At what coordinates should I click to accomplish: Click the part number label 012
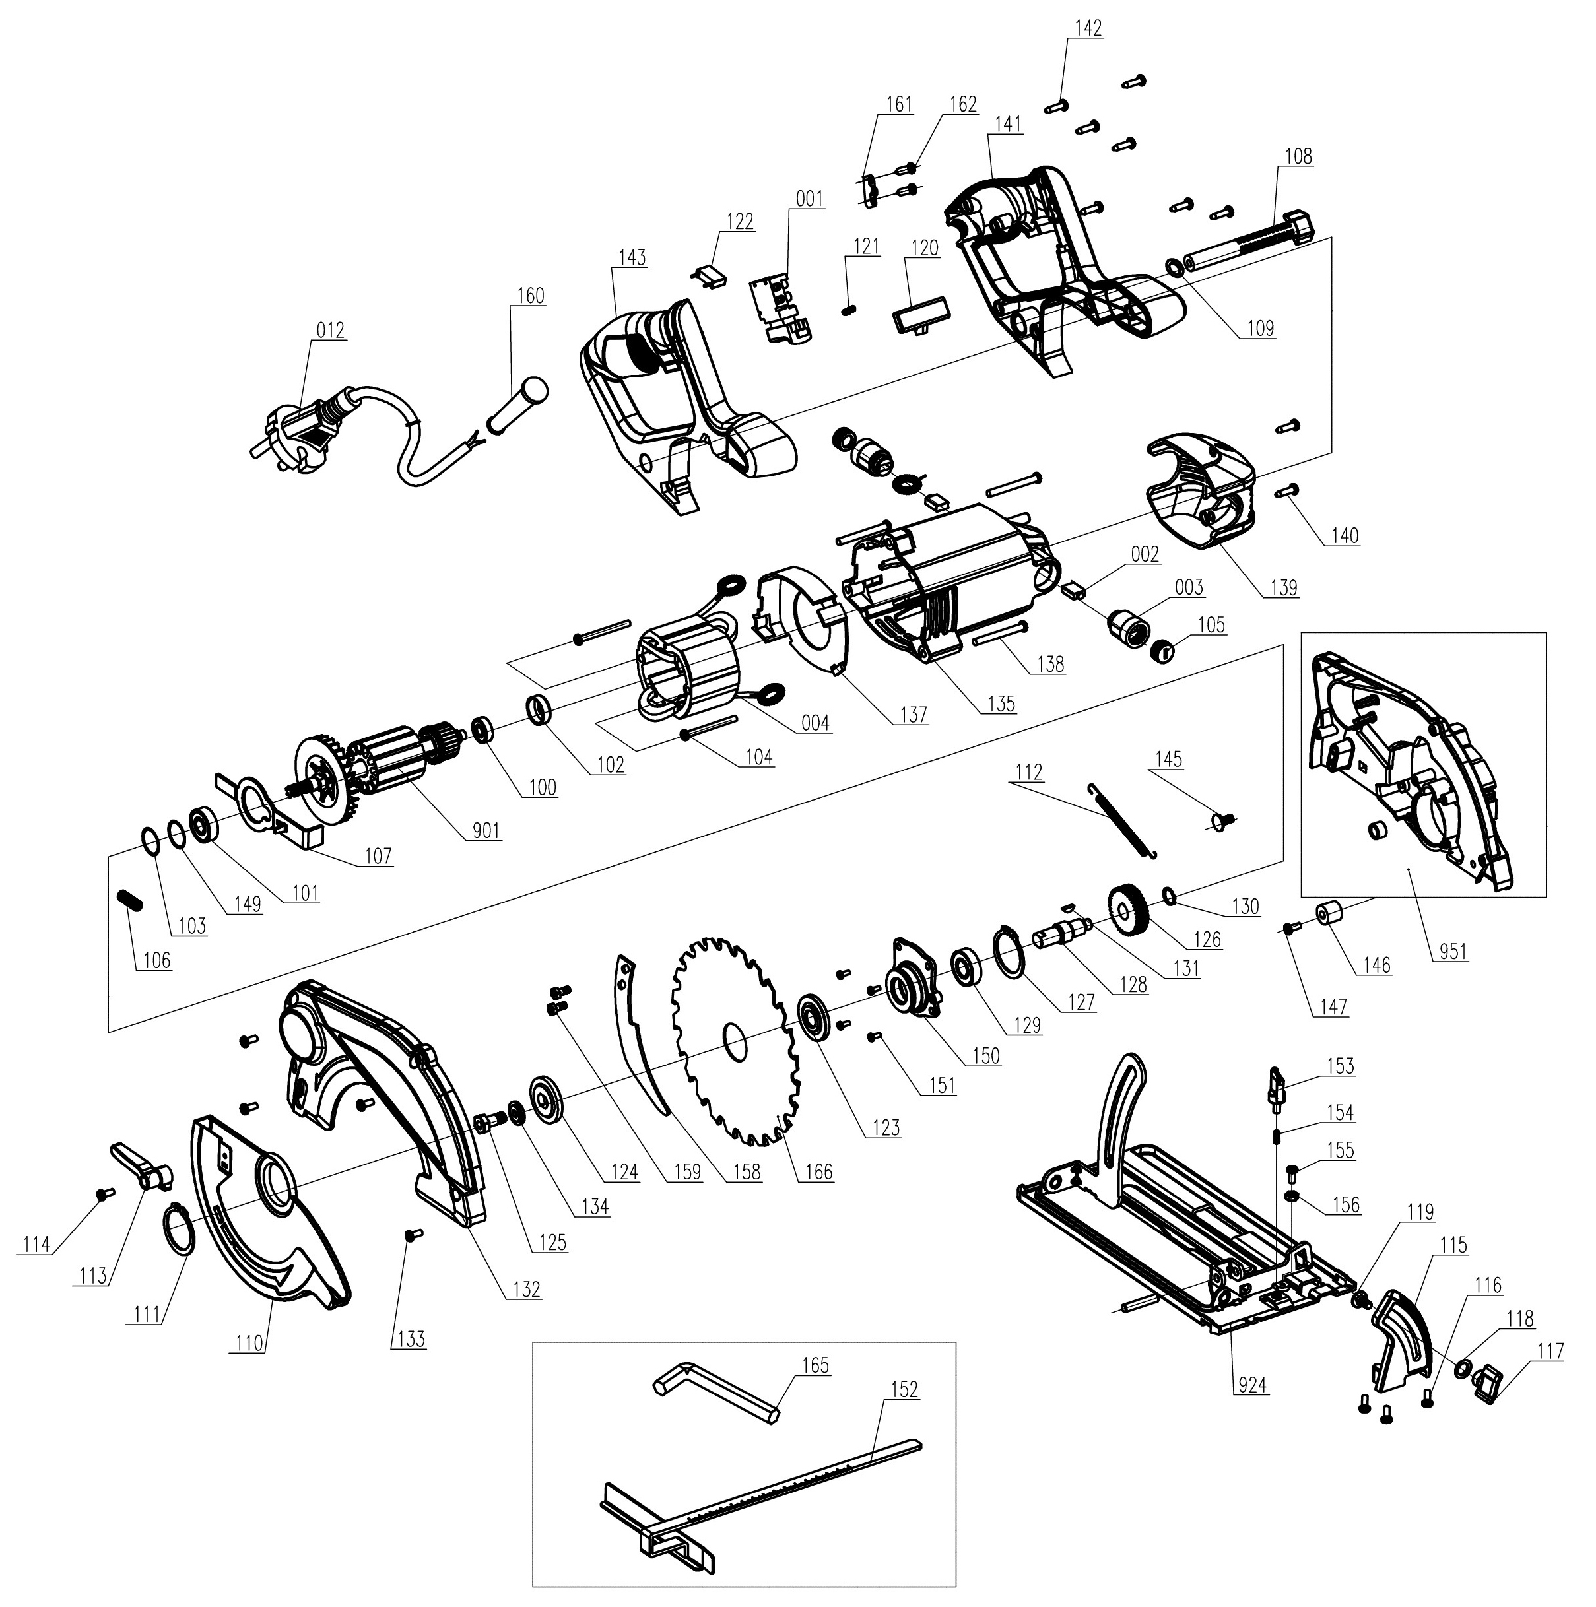[x=330, y=330]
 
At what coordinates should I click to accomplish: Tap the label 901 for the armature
[x=486, y=830]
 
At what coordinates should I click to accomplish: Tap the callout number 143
[x=632, y=258]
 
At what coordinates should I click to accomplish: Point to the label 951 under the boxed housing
[x=1453, y=951]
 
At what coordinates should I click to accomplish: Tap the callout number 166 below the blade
[x=818, y=1172]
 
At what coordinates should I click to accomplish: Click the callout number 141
[x=1007, y=125]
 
